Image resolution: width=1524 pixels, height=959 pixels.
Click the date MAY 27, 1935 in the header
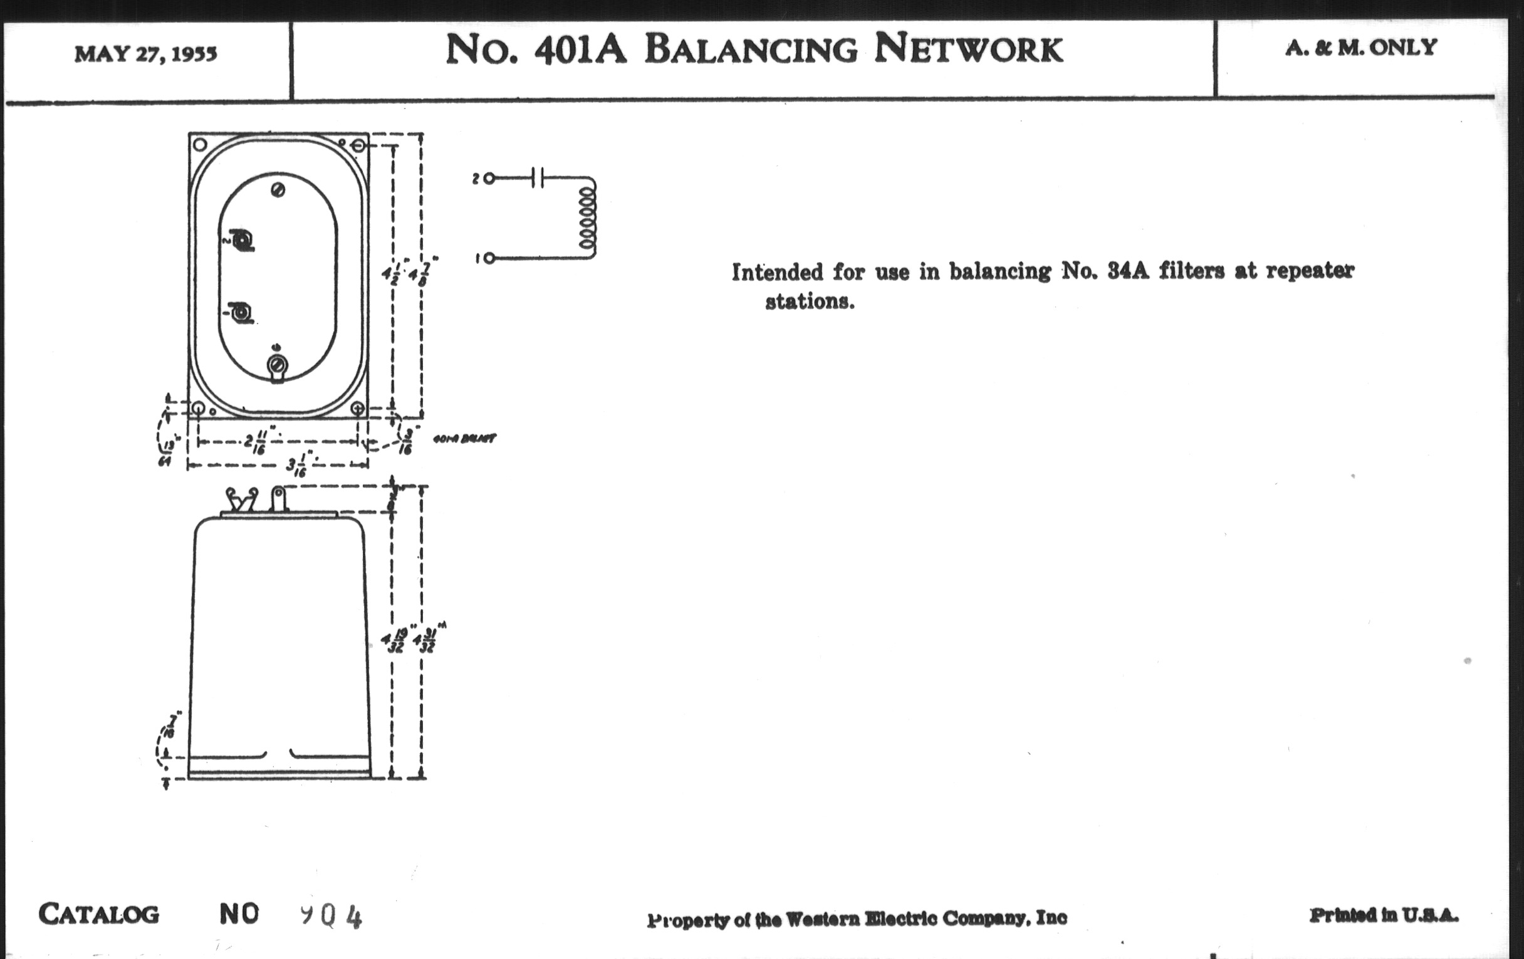pos(145,55)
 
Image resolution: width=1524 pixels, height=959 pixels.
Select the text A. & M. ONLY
pos(1360,48)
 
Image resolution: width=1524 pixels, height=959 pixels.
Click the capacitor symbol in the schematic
pos(537,178)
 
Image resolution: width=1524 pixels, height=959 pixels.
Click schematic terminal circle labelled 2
pos(489,179)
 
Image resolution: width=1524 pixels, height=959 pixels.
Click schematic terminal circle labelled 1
pos(489,258)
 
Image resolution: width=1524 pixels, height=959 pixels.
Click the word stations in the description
pos(810,302)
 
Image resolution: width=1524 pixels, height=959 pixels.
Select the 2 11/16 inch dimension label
pos(255,443)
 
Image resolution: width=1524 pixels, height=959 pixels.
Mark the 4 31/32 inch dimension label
pos(426,641)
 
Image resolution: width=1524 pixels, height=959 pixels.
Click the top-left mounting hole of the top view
pos(200,144)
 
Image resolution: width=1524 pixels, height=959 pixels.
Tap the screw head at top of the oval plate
pos(278,190)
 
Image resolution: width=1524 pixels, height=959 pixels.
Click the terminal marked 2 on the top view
pos(242,241)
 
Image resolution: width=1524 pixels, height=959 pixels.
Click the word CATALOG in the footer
pos(99,914)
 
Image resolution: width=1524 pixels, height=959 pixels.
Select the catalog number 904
pos(331,916)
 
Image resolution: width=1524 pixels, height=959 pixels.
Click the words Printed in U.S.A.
pos(1384,915)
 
